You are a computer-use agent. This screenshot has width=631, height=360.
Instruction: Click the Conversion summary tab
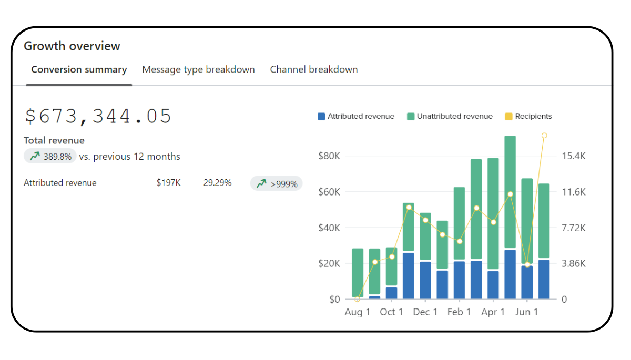pyautogui.click(x=79, y=69)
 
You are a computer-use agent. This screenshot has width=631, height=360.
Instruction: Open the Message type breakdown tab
pyautogui.click(x=198, y=69)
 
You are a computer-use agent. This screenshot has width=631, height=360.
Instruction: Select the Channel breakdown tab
pyautogui.click(x=314, y=69)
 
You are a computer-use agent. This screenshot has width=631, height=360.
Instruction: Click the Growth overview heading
pyautogui.click(x=72, y=46)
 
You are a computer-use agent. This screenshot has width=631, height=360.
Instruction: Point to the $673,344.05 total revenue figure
pyautogui.click(x=98, y=116)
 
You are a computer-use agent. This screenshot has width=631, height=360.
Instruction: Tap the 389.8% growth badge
pyautogui.click(x=50, y=156)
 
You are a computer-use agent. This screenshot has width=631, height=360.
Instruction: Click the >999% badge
pyautogui.click(x=277, y=183)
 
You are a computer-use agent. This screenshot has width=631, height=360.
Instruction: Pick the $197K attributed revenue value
pyautogui.click(x=168, y=183)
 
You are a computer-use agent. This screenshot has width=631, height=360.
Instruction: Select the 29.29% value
pyautogui.click(x=217, y=183)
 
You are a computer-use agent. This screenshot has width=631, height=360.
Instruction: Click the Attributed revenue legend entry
pyautogui.click(x=356, y=116)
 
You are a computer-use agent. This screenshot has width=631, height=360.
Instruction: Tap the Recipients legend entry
pyautogui.click(x=528, y=116)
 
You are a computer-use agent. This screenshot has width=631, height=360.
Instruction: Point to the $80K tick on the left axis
pyautogui.click(x=329, y=156)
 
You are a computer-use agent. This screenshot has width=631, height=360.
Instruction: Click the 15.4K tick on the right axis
pyautogui.click(x=574, y=156)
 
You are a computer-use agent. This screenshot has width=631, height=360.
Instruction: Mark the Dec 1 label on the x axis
pyautogui.click(x=425, y=312)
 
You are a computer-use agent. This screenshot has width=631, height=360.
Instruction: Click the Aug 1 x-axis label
pyautogui.click(x=358, y=312)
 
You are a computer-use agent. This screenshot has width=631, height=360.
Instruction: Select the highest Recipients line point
pyautogui.click(x=544, y=136)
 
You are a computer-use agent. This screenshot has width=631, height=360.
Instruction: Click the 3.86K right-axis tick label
pyautogui.click(x=574, y=263)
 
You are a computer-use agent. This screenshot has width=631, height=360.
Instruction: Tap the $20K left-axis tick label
pyautogui.click(x=329, y=263)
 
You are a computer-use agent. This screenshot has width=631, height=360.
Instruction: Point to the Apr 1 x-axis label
pyautogui.click(x=493, y=312)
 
